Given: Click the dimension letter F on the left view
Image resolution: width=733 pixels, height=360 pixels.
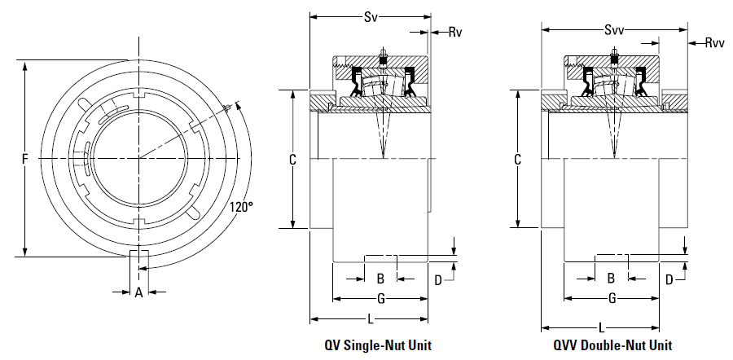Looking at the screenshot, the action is click(24, 160).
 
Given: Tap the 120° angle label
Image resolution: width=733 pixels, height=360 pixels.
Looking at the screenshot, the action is click(241, 207).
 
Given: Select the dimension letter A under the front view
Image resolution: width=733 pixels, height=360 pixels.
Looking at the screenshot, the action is click(138, 292).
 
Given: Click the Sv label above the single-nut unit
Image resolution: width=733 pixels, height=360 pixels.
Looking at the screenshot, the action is click(371, 17).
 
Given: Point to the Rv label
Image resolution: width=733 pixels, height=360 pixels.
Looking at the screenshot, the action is click(454, 33).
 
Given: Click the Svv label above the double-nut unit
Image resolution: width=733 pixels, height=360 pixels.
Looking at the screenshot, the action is click(614, 30).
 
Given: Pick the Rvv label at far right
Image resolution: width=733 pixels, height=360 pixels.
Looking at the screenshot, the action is click(715, 43).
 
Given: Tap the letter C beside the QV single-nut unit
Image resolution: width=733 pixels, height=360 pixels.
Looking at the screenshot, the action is click(292, 160).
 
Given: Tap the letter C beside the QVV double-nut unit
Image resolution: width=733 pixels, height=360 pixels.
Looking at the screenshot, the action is click(517, 160).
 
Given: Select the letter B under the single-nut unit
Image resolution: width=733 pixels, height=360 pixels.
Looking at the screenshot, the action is click(380, 279).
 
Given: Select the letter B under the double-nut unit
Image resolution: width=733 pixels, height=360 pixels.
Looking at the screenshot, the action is click(611, 279).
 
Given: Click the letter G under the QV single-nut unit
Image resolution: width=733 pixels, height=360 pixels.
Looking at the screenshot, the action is click(381, 299).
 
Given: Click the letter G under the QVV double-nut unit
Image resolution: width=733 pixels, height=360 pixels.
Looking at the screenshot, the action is click(612, 298).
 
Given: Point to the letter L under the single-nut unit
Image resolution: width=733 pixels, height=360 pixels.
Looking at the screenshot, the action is click(371, 319).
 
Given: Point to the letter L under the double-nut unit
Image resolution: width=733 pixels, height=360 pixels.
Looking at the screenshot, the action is click(601, 327).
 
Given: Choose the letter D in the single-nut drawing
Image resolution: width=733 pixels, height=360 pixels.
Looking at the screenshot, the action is click(438, 280).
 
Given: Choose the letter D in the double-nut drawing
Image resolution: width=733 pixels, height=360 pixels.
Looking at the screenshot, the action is click(669, 280).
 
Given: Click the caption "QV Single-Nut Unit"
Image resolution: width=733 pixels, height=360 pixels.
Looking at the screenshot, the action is click(378, 345).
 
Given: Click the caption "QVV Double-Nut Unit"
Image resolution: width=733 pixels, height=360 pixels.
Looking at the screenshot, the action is click(612, 345).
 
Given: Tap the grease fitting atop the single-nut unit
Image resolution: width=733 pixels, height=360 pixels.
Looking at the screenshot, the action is click(384, 52).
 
